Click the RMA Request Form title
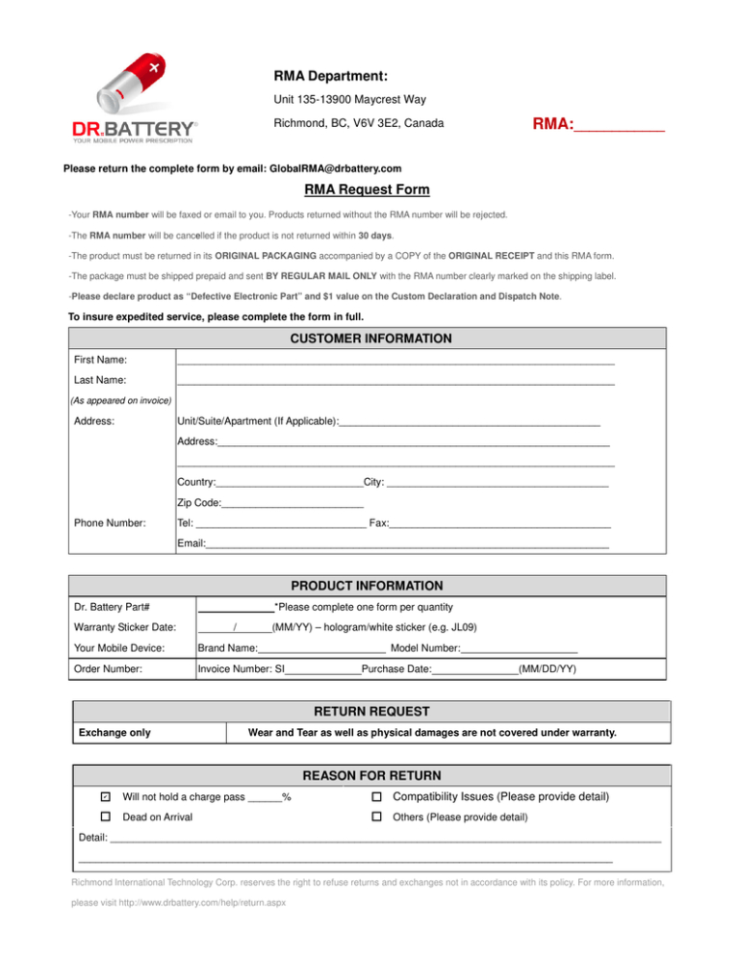coord(367,190)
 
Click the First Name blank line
coord(395,361)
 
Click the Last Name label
coord(100,381)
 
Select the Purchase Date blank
coord(474,668)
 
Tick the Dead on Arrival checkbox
coord(106,817)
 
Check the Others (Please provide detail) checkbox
coord(377,817)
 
